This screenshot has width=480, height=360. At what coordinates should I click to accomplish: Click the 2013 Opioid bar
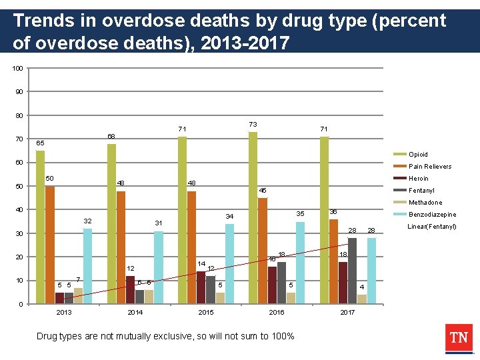[41, 227]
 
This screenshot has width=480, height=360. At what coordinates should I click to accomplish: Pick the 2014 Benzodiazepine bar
[158, 267]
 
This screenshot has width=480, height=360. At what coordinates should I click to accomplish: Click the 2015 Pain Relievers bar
[191, 247]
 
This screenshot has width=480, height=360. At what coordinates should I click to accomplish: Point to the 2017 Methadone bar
[361, 299]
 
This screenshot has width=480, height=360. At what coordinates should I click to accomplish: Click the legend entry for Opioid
[418, 155]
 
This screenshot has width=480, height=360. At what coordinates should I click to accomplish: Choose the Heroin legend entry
[418, 179]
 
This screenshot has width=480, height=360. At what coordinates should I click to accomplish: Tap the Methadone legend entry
[424, 203]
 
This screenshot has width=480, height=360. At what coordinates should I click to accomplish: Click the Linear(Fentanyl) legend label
[431, 227]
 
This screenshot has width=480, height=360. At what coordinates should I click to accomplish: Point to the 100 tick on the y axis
[18, 69]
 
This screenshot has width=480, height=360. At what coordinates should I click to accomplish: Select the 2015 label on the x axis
[206, 312]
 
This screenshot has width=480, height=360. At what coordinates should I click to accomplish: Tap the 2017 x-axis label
[347, 312]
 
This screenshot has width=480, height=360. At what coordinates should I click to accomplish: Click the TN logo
[458, 339]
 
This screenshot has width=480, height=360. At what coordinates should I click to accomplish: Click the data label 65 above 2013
[41, 143]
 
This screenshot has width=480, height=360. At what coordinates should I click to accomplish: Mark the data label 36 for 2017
[333, 211]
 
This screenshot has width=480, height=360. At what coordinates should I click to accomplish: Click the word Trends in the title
[42, 21]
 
